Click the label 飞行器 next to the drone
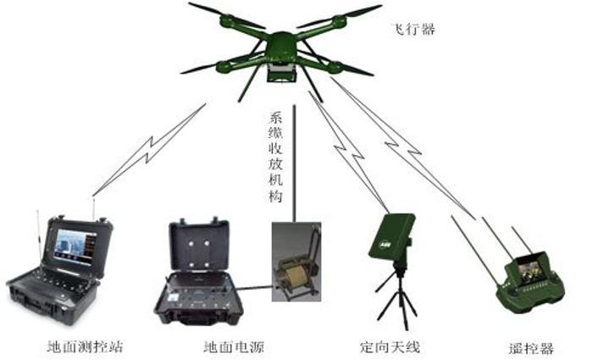pos(413,29)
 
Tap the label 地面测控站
pos(85,346)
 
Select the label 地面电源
pos(234,346)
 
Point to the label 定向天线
pos(390,346)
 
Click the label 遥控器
pos(530,349)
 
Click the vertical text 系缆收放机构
pos(275,158)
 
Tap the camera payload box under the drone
pos(281,72)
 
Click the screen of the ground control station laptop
pos(75,247)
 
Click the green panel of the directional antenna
pos(391,236)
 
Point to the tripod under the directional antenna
pos(397,295)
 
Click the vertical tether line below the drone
pos(294,163)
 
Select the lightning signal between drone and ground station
pos(149,149)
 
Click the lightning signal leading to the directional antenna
pos(349,152)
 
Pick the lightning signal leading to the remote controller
pos(403,148)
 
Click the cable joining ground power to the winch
pos(254,288)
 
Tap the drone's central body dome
pos(281,42)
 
